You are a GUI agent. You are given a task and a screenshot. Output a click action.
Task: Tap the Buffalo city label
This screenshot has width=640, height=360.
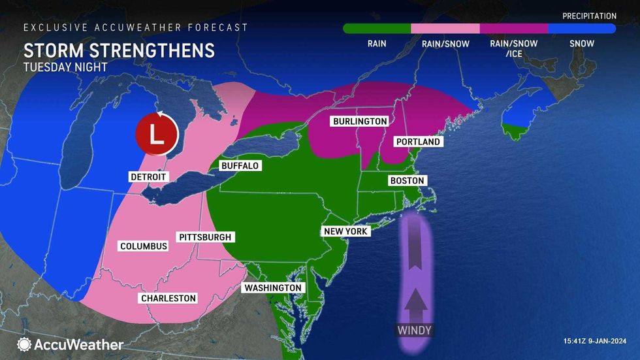[240, 166]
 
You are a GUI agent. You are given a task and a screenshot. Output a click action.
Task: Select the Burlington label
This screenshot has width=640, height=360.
[360, 122]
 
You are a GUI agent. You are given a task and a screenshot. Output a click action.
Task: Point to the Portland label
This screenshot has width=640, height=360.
[418, 142]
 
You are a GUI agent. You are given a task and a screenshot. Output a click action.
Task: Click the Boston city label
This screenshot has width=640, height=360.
[407, 180]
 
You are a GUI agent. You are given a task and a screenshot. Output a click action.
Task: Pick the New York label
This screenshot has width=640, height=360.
[346, 231]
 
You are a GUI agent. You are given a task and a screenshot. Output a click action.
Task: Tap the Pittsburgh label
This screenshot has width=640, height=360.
[204, 237]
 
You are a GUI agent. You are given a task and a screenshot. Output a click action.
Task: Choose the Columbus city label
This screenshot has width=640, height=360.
[144, 246]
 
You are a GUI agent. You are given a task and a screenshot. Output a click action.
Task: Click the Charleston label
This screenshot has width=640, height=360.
[168, 298]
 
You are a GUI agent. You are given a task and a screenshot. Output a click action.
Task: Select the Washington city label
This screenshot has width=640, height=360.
[273, 287]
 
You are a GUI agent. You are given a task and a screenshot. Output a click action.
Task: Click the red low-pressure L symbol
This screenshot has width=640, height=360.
[156, 134]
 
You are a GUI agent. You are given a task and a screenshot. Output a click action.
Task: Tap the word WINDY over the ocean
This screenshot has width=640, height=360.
[415, 331]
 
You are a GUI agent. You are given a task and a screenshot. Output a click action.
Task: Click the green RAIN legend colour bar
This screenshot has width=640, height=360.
[377, 29]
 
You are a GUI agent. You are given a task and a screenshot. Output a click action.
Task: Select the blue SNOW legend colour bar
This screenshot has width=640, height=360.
[582, 29]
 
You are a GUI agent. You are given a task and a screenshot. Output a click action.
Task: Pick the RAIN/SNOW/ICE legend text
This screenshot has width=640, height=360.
[513, 48]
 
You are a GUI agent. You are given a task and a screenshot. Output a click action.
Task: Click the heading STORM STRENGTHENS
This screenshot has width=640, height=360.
[119, 51]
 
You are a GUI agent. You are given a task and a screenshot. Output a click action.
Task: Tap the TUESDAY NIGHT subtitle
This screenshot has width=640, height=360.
[65, 67]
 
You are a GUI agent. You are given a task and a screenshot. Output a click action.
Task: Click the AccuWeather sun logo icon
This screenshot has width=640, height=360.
[25, 344]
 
